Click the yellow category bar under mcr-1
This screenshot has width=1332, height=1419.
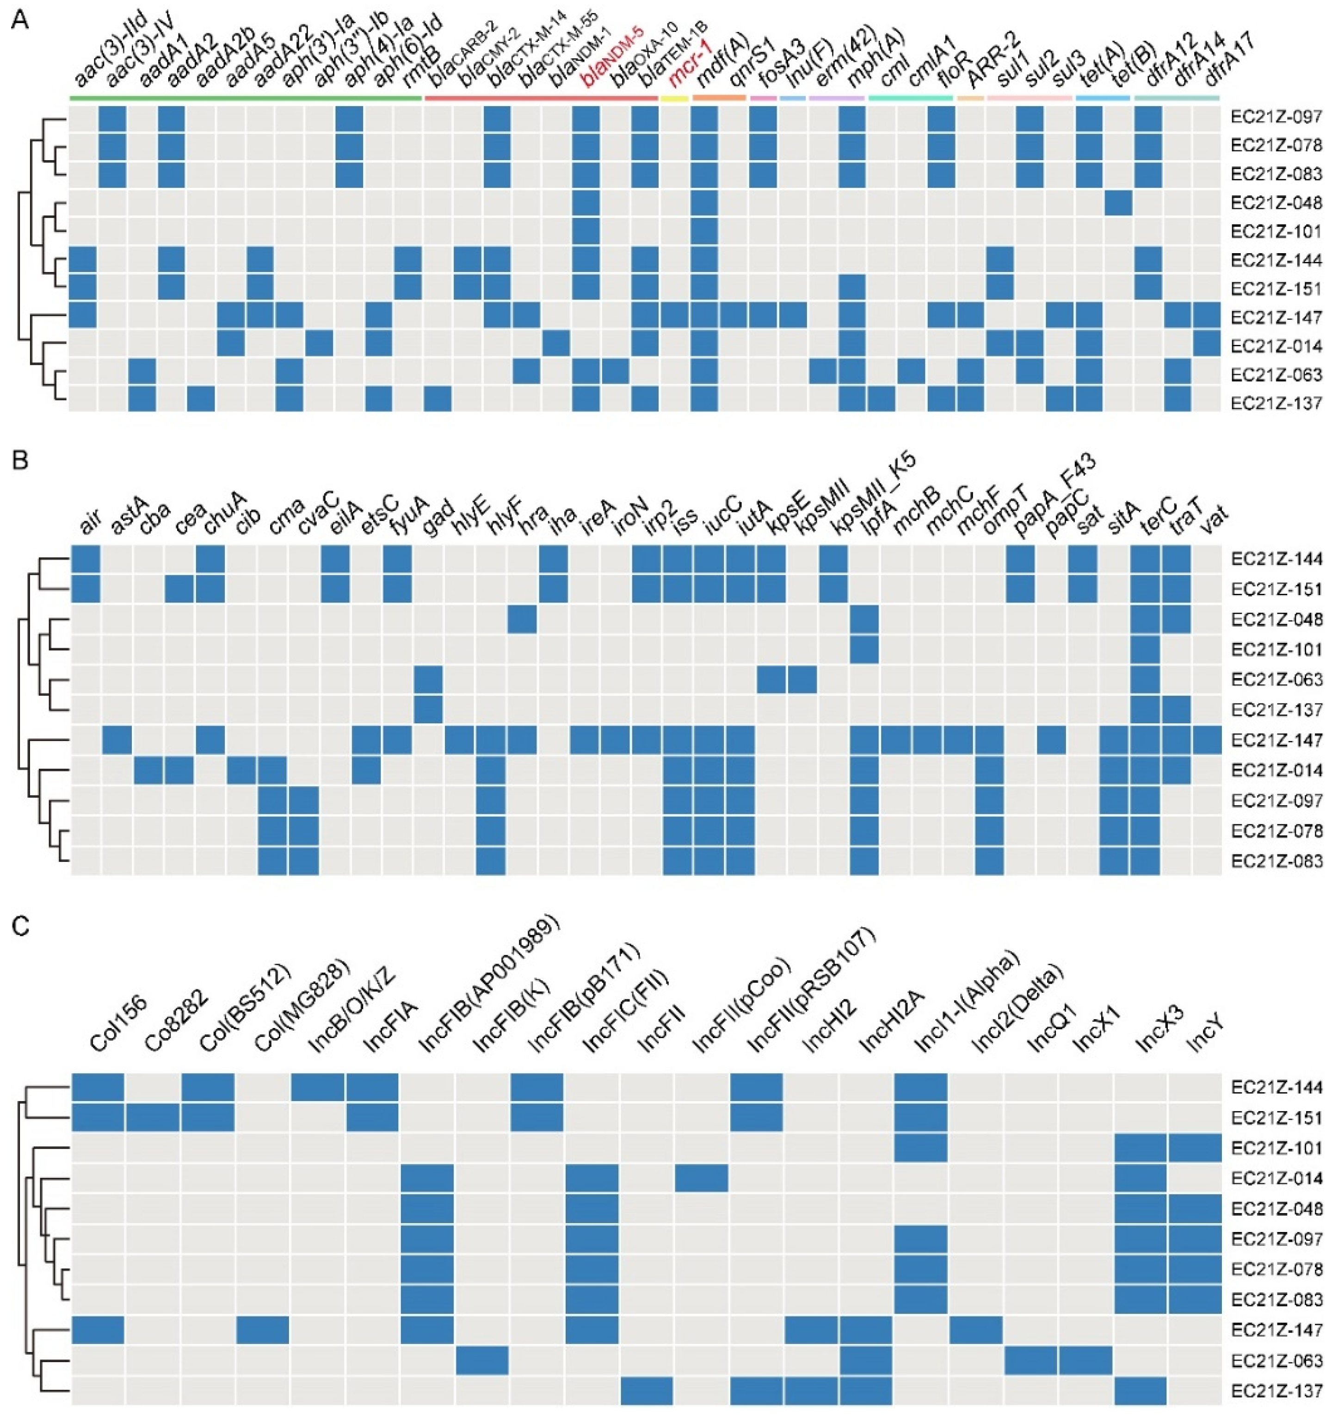point(674,98)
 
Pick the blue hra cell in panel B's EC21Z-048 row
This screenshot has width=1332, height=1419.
point(522,619)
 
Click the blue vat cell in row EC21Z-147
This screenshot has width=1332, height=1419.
point(1207,740)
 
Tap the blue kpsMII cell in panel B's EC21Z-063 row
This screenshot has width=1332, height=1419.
point(802,679)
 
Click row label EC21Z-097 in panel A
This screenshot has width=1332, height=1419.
point(1276,116)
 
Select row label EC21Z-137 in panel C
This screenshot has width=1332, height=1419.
point(1276,1390)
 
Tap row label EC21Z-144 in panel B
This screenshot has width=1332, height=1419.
point(1276,559)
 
